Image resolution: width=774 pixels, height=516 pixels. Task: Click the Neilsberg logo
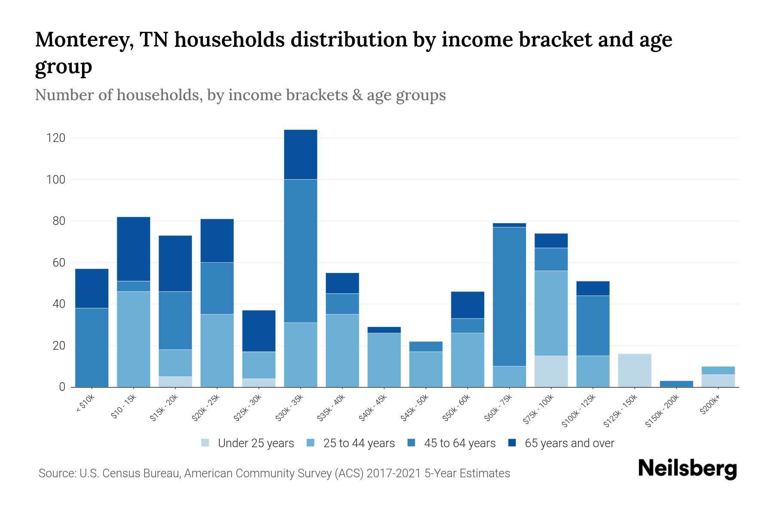[x=687, y=469]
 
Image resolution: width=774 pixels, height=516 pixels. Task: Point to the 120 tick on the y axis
[x=56, y=138]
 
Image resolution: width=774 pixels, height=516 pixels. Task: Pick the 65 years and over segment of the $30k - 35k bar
[x=301, y=154]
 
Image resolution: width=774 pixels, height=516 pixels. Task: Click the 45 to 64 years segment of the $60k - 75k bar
[x=509, y=296]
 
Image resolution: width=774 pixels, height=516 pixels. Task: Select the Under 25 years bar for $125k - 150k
[x=634, y=370]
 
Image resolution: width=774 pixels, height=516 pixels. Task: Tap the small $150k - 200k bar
[x=676, y=384]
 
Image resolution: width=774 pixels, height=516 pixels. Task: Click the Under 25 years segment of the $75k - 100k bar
[x=551, y=371]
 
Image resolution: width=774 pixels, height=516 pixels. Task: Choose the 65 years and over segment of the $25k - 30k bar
[x=259, y=331]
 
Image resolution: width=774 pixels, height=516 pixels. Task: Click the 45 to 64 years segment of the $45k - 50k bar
[x=426, y=347]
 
